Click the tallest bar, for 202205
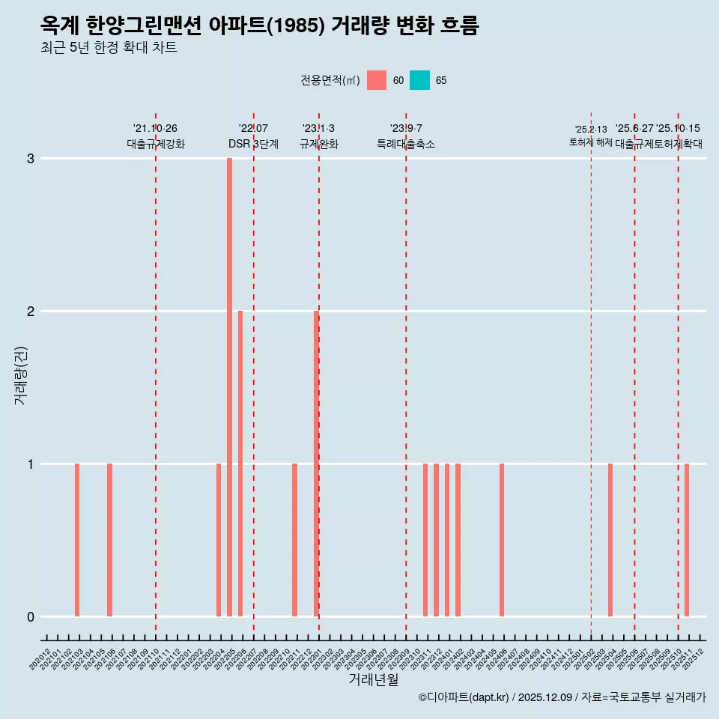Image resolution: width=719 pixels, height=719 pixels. pyautogui.click(x=229, y=387)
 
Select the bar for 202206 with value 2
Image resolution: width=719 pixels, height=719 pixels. pyautogui.click(x=240, y=464)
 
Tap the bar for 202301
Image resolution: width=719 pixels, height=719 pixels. pyautogui.click(x=316, y=464)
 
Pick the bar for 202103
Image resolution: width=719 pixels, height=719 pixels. pyautogui.click(x=77, y=540)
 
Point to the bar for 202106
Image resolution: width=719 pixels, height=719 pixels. pyautogui.click(x=109, y=540)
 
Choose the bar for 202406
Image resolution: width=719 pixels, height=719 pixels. pyautogui.click(x=502, y=540)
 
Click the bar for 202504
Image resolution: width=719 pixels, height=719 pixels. pyautogui.click(x=610, y=540)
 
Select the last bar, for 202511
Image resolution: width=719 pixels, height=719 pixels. pyautogui.click(x=687, y=540)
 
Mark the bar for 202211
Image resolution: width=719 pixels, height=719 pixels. pyautogui.click(x=294, y=540)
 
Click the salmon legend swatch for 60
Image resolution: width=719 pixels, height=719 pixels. pyautogui.click(x=377, y=80)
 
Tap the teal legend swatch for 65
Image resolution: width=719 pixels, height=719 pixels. pyautogui.click(x=419, y=80)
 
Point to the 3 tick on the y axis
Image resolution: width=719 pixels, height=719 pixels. pyautogui.click(x=31, y=159)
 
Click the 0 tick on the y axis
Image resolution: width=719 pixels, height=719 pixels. pyautogui.click(x=31, y=617)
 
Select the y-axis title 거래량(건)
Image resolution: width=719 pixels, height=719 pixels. pyautogui.click(x=20, y=374)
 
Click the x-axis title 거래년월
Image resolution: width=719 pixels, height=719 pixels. pyautogui.click(x=373, y=679)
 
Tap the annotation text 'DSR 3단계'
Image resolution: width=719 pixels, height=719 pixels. pyautogui.click(x=253, y=144)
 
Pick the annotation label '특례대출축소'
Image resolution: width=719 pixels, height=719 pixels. pyautogui.click(x=405, y=144)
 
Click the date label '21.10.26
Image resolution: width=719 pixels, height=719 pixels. pyautogui.click(x=155, y=129)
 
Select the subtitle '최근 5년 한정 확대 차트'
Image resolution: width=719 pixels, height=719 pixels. pyautogui.click(x=109, y=48)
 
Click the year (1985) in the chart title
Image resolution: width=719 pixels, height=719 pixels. pyautogui.click(x=295, y=26)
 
